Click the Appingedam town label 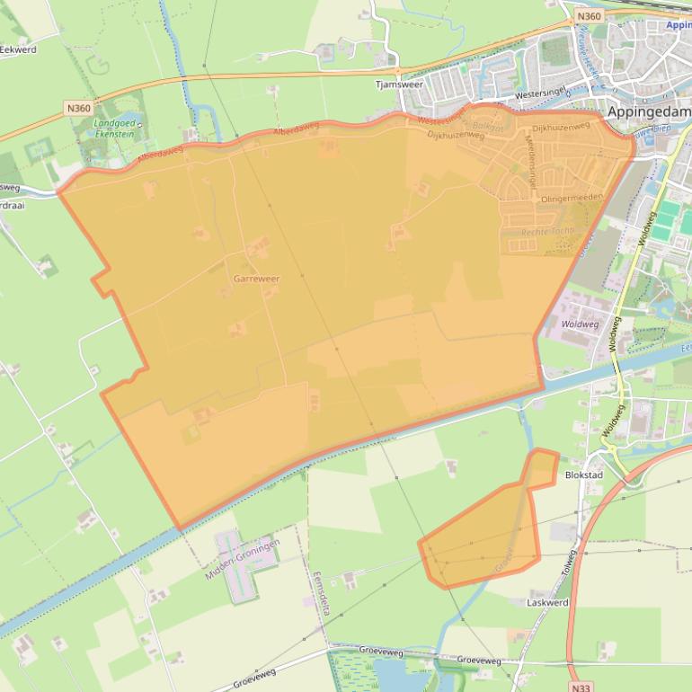(648, 112)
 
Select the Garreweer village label (256, 279)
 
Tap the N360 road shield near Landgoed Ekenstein (78, 108)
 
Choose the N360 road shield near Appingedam (588, 16)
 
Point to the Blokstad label (583, 475)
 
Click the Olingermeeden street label (570, 197)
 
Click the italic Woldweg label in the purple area (580, 324)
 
